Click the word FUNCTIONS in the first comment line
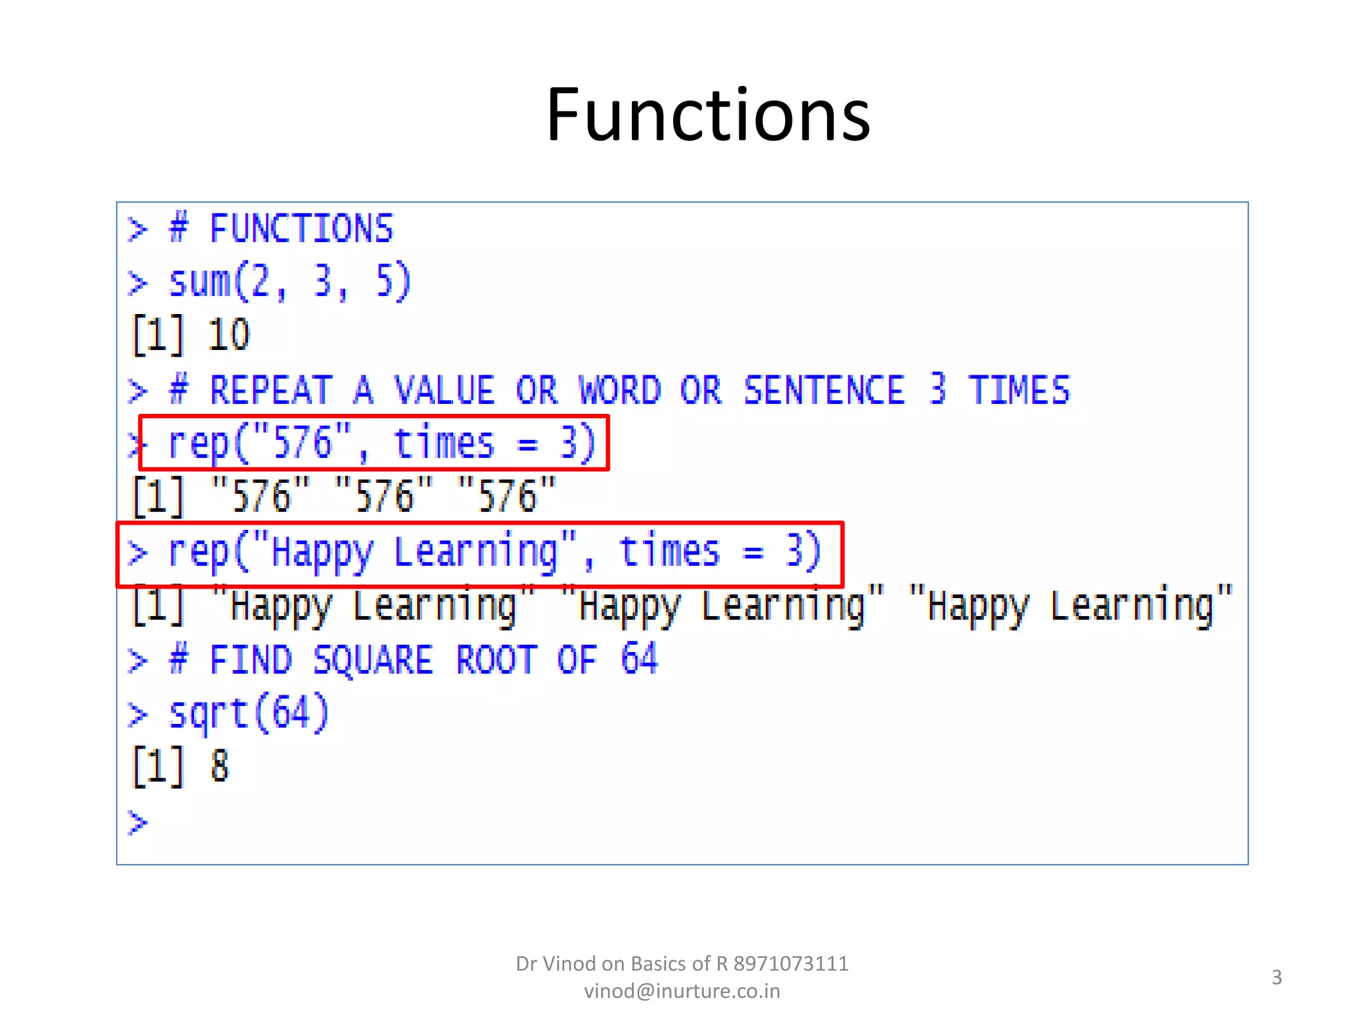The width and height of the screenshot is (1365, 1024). (x=301, y=229)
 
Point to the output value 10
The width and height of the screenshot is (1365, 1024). (x=229, y=335)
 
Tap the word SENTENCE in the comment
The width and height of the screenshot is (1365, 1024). (x=824, y=390)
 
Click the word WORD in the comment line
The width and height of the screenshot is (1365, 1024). (x=620, y=390)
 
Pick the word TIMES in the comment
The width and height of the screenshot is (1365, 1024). (x=1019, y=390)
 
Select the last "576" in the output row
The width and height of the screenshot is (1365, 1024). (x=507, y=497)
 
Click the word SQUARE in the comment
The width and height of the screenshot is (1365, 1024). (x=373, y=660)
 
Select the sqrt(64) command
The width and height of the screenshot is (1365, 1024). (x=249, y=713)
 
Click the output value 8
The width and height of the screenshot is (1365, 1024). (x=220, y=767)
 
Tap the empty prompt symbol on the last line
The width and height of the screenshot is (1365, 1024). (x=137, y=822)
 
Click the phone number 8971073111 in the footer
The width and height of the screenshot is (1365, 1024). (x=790, y=964)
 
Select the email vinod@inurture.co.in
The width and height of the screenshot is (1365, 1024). (x=682, y=991)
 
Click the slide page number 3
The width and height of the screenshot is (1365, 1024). (x=1276, y=977)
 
